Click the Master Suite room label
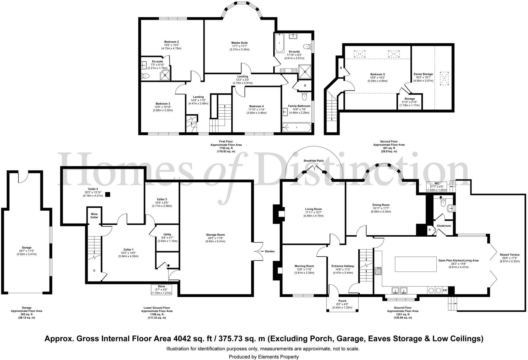click(x=239, y=43)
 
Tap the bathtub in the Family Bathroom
click(x=296, y=128)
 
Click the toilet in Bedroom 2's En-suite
click(x=145, y=76)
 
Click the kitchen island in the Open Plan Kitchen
click(x=416, y=264)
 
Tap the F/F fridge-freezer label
click(x=445, y=290)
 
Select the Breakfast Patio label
click(x=314, y=161)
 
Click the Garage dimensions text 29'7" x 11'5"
click(x=26, y=251)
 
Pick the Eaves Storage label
click(x=423, y=74)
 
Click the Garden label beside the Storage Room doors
click(x=269, y=251)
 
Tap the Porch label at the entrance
click(x=342, y=301)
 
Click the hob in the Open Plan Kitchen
click(x=379, y=271)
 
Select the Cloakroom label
click(x=444, y=226)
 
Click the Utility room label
click(x=167, y=235)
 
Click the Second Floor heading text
click(x=389, y=141)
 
